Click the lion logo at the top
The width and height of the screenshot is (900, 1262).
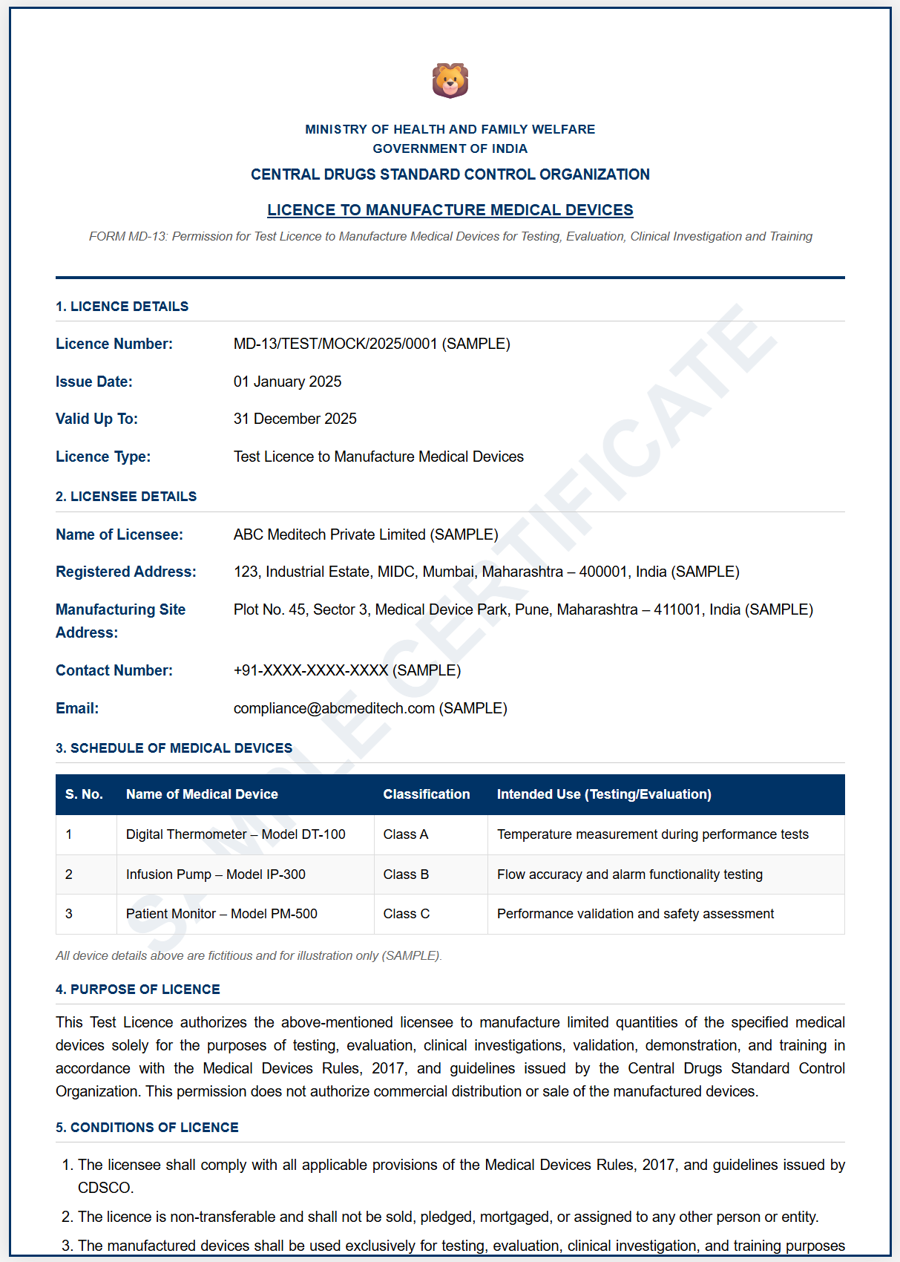click(450, 81)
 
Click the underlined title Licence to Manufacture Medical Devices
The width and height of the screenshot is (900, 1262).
click(450, 210)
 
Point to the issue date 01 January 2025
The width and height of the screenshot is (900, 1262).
click(287, 382)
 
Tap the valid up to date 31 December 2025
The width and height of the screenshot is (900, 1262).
click(295, 419)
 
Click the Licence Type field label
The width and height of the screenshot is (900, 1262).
click(103, 457)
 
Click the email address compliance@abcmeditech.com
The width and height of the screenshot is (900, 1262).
click(334, 708)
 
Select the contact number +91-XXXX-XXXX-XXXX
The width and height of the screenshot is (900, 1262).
click(311, 670)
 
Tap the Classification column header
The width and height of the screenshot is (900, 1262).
click(427, 794)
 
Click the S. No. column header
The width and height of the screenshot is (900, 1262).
click(84, 794)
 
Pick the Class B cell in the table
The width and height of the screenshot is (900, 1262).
click(406, 874)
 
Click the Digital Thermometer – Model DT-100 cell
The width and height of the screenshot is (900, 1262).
click(236, 834)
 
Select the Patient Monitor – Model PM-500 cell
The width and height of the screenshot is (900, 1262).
click(222, 914)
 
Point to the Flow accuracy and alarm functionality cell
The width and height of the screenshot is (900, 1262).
click(630, 874)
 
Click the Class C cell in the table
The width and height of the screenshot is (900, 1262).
click(407, 914)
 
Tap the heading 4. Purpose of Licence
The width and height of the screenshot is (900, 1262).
click(138, 990)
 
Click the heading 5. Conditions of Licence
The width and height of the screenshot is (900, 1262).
click(147, 1128)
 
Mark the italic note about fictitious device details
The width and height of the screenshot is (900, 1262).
click(249, 955)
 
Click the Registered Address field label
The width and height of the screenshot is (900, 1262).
click(126, 572)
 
